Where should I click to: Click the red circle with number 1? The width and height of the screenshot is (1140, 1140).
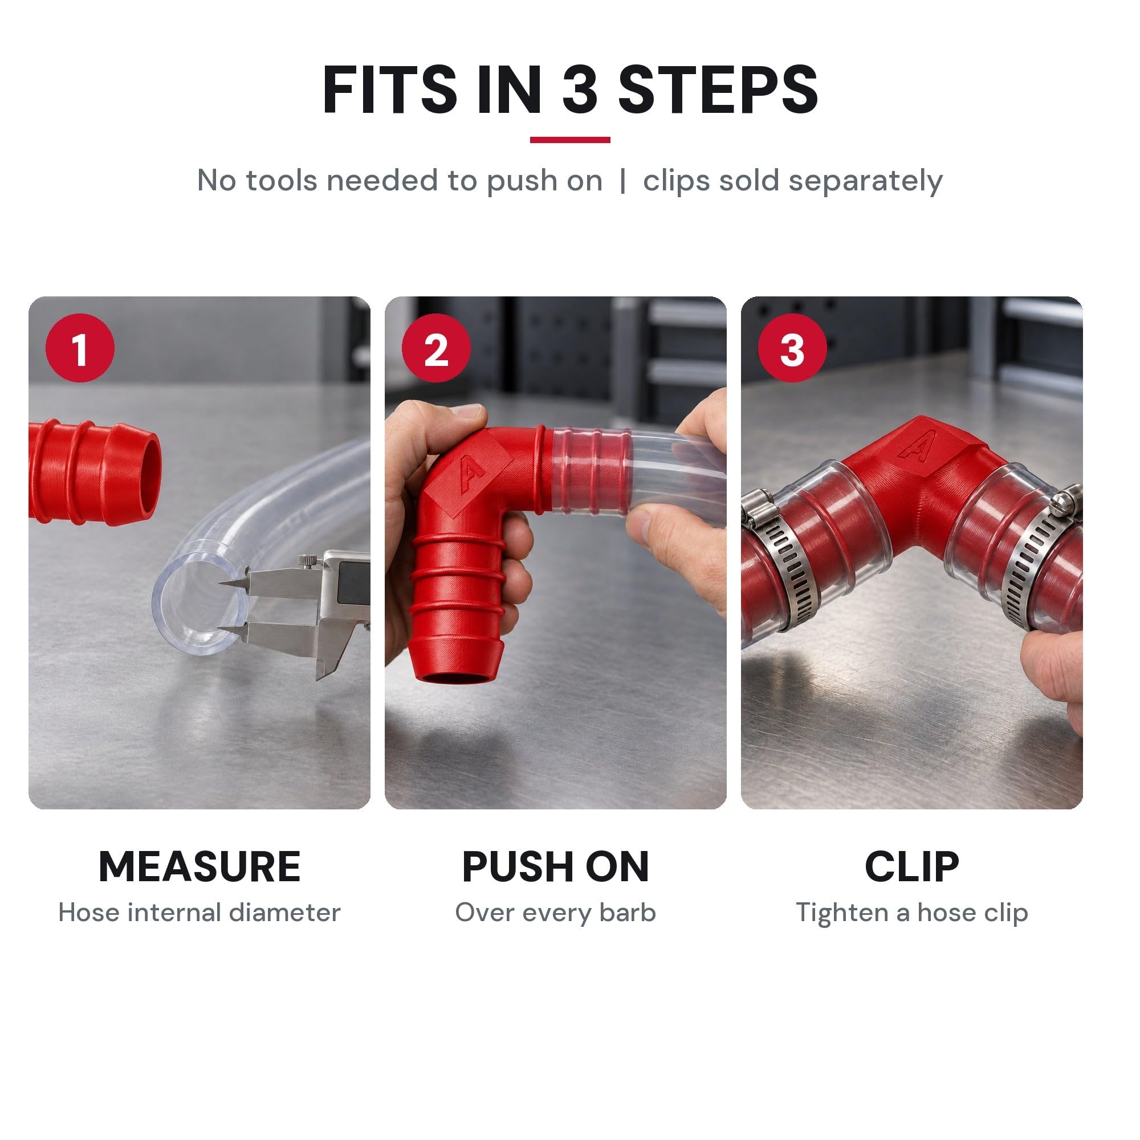pyautogui.click(x=80, y=348)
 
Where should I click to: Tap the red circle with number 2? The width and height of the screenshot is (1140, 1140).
pyautogui.click(x=436, y=348)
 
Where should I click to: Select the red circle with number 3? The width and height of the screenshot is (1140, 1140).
pyautogui.click(x=792, y=348)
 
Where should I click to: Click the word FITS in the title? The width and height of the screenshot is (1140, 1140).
pyautogui.click(x=389, y=89)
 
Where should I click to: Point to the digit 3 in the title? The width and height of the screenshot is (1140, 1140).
pyautogui.click(x=581, y=89)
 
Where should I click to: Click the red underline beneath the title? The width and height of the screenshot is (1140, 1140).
pyautogui.click(x=570, y=140)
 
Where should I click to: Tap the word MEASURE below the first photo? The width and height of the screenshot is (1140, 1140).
pyautogui.click(x=199, y=867)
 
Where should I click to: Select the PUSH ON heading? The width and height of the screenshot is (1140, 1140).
pyautogui.click(x=555, y=867)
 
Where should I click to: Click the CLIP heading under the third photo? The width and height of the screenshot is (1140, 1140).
pyautogui.click(x=911, y=867)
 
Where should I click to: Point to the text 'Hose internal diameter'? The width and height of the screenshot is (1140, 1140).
pyautogui.click(x=199, y=912)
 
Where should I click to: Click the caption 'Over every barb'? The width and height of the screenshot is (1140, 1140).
pyautogui.click(x=555, y=913)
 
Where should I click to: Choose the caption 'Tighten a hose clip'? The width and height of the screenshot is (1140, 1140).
pyautogui.click(x=911, y=913)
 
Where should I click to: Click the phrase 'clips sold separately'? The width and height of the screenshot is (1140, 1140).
pyautogui.click(x=792, y=181)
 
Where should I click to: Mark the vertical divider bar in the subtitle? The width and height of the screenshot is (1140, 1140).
pyautogui.click(x=622, y=181)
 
